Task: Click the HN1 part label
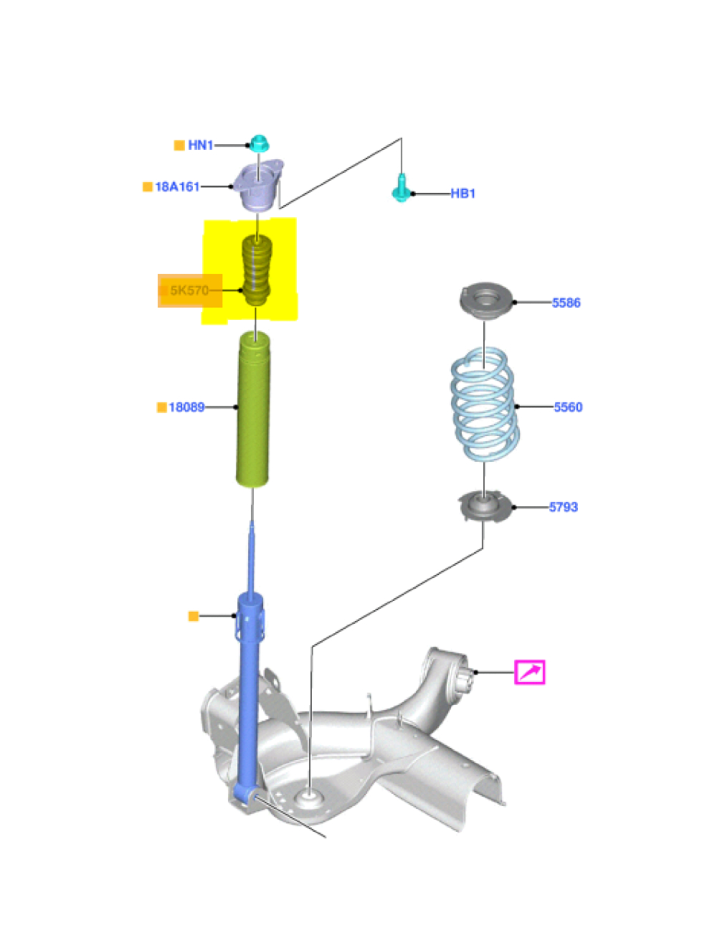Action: [x=200, y=146]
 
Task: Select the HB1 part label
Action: [x=462, y=194]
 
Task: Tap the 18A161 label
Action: [x=177, y=187]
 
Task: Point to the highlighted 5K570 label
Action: [x=189, y=290]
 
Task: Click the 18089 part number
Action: [x=186, y=407]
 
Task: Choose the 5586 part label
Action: [x=566, y=303]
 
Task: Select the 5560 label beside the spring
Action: [x=568, y=407]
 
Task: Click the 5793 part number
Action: [x=563, y=507]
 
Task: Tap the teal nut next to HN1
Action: [x=258, y=143]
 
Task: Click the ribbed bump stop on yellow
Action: [x=256, y=271]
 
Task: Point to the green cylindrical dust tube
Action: [x=253, y=409]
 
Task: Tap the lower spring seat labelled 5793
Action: [x=484, y=506]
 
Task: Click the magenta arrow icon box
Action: [x=530, y=672]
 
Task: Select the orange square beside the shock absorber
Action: [x=193, y=616]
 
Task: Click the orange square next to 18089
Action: [x=161, y=407]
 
